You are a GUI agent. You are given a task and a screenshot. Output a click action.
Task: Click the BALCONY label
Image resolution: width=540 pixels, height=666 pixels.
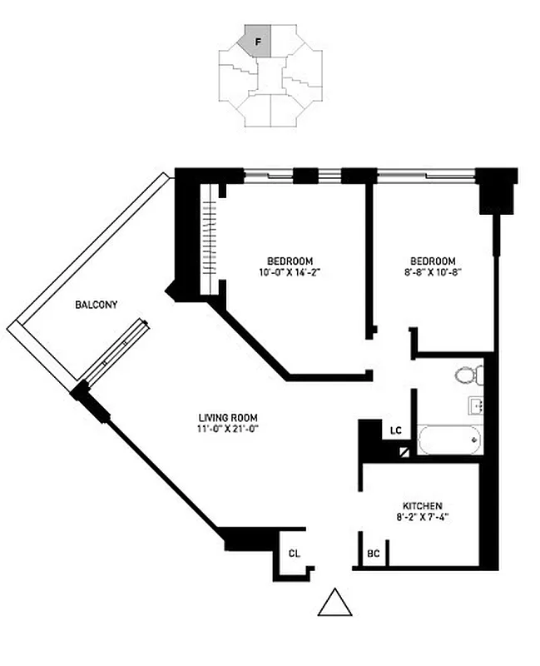(x=96, y=306)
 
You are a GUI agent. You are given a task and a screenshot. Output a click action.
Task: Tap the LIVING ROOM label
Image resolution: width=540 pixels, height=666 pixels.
(x=228, y=418)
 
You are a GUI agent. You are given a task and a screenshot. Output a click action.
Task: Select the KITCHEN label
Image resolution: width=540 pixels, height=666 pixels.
(x=422, y=506)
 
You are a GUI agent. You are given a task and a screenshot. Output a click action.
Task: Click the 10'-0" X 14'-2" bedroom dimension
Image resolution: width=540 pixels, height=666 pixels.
(x=290, y=271)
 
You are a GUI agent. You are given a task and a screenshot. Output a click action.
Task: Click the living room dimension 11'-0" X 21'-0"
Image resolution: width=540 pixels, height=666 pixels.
(x=228, y=430)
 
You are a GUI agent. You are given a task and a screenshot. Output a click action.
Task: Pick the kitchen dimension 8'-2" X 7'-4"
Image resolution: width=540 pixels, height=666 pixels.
(x=422, y=518)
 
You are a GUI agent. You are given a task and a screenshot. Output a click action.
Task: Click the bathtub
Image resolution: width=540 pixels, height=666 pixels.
(x=449, y=439)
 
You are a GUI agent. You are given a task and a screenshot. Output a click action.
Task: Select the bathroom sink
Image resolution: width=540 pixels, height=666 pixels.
(x=478, y=408)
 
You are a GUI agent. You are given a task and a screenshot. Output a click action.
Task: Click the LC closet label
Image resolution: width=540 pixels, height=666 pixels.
(x=396, y=430)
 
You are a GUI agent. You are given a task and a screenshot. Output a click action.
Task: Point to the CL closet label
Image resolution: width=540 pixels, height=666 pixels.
(x=294, y=553)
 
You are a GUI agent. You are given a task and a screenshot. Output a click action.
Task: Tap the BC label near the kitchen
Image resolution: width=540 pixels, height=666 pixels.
(x=374, y=553)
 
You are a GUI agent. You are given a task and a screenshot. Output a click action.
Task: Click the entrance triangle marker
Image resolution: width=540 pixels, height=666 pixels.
(x=334, y=603)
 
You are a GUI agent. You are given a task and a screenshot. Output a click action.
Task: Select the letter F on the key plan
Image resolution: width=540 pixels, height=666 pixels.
(x=258, y=40)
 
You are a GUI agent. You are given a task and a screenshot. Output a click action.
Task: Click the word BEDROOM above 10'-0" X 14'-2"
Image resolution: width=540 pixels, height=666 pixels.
(x=290, y=259)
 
